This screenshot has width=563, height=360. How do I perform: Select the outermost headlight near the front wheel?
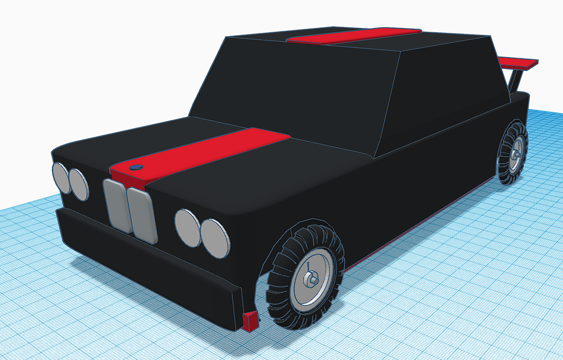click(x=215, y=238)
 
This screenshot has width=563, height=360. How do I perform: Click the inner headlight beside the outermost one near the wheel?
click(x=188, y=227)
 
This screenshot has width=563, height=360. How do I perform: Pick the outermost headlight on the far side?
click(x=61, y=178)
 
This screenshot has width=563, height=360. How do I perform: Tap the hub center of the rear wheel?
click(x=515, y=153)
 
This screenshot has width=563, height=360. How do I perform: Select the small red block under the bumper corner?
click(x=250, y=321)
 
